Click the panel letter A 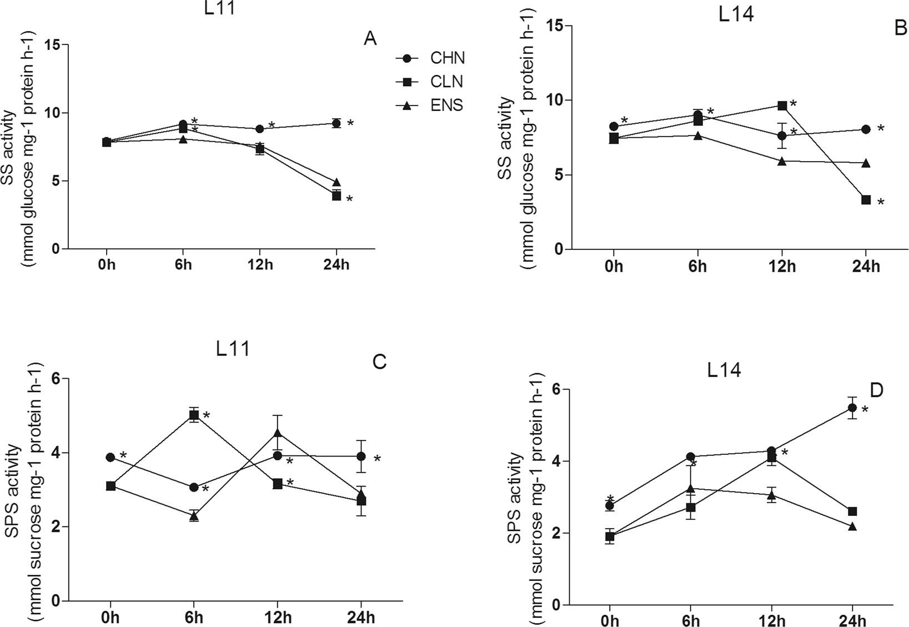pyautogui.click(x=370, y=39)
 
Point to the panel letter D pyautogui.click(x=876, y=390)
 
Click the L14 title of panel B pyautogui.click(x=736, y=14)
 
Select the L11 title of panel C pyautogui.click(x=233, y=349)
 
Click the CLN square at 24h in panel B pyautogui.click(x=866, y=200)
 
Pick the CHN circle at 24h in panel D pyautogui.click(x=852, y=408)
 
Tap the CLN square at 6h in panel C pyautogui.click(x=194, y=415)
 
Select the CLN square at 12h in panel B pyautogui.click(x=782, y=106)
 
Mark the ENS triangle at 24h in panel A pyautogui.click(x=336, y=183)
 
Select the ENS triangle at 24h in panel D pyautogui.click(x=852, y=526)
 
